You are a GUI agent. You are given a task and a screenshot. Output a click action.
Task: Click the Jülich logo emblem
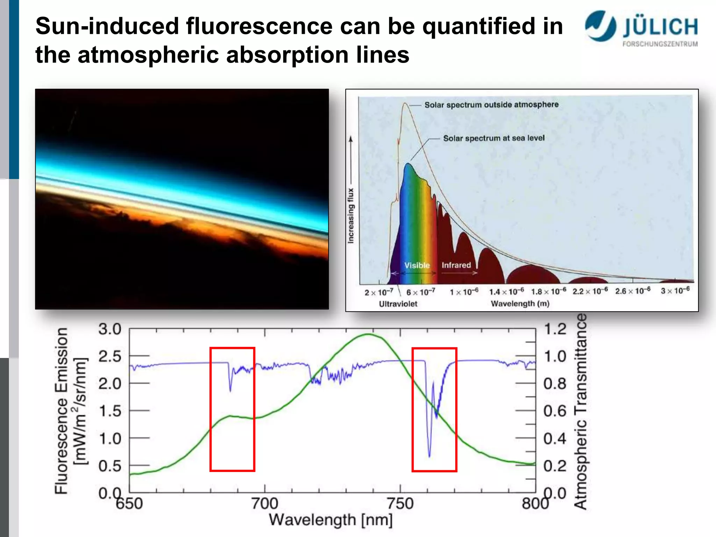[601, 26]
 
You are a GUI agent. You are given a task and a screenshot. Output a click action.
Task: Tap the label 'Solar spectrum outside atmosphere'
[491, 105]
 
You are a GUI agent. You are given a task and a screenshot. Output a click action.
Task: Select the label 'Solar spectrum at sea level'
[494, 138]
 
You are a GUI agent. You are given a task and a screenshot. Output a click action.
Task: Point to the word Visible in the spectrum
[417, 265]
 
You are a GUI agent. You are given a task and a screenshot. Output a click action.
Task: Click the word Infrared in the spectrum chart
[456, 265]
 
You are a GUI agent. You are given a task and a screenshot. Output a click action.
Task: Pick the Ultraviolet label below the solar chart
[398, 304]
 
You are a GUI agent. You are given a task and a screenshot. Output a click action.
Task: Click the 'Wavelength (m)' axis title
[520, 304]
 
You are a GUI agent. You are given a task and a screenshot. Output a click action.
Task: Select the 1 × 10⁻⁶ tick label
[464, 292]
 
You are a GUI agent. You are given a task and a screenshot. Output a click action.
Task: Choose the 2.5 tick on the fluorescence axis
[109, 357]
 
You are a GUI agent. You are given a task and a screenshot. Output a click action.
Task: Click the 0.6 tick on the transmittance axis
[554, 411]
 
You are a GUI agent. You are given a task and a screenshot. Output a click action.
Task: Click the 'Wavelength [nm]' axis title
[330, 520]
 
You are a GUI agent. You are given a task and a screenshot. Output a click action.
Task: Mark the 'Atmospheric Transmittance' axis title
[580, 411]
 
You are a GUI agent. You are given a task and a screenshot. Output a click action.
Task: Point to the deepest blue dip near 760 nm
[429, 456]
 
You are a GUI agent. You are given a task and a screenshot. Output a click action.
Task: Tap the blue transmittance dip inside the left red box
[230, 390]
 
